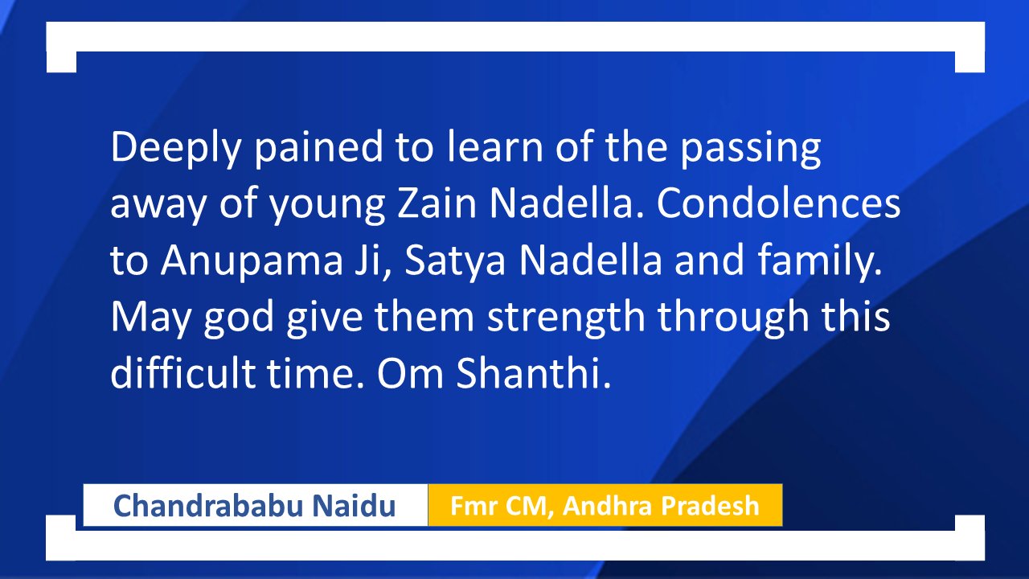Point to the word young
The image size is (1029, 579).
(326, 206)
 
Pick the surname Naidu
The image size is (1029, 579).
(354, 506)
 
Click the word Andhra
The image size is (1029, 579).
(606, 506)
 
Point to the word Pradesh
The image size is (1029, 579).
(710, 506)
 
